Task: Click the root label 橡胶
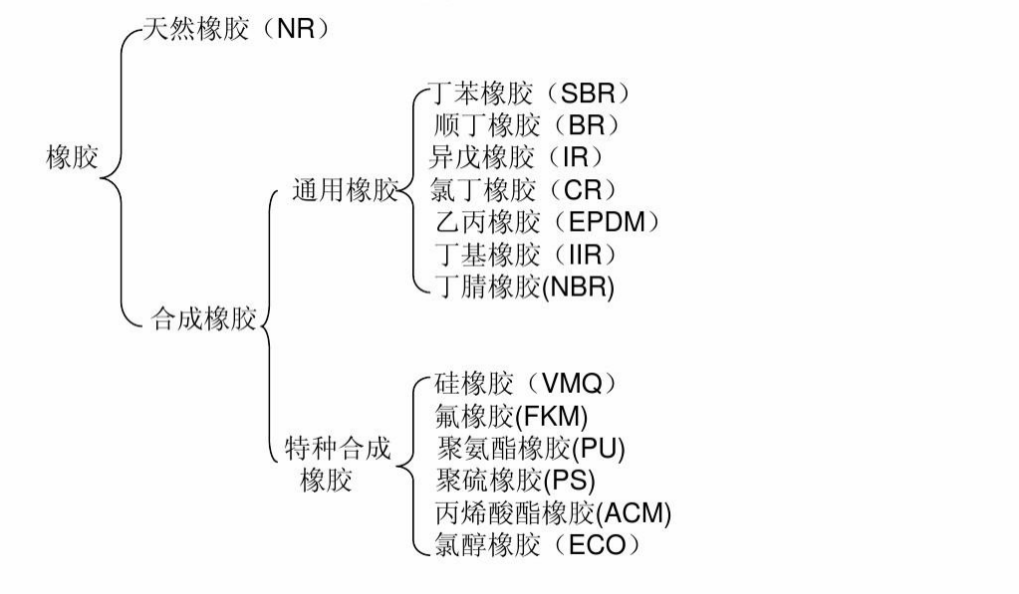[72, 157]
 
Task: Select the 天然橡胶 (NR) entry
[235, 29]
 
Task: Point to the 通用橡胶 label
[344, 191]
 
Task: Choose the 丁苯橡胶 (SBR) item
[529, 94]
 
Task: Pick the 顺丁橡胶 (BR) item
[527, 125]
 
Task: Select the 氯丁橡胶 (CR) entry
[523, 189]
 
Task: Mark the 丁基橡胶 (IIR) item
[526, 253]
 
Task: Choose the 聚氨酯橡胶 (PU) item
[530, 448]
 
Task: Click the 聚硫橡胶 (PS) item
[515, 481]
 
